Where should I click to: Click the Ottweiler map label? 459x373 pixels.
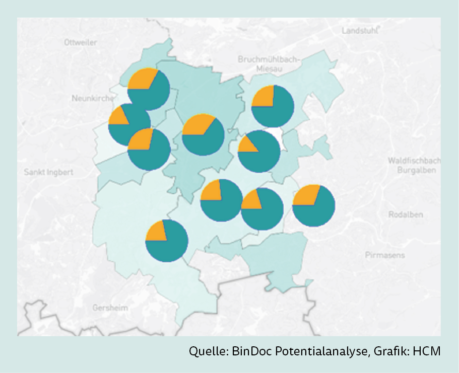click(81, 43)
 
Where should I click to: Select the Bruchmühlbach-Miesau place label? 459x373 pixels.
click(269, 63)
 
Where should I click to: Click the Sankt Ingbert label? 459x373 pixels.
click(48, 172)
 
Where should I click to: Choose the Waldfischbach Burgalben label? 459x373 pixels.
click(414, 165)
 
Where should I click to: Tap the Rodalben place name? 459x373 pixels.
click(406, 214)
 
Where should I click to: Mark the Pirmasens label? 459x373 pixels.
click(384, 255)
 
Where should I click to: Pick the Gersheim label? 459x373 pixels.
click(110, 308)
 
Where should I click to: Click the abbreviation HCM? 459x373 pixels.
click(426, 351)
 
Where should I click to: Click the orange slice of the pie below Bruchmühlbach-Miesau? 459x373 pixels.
click(264, 96)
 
